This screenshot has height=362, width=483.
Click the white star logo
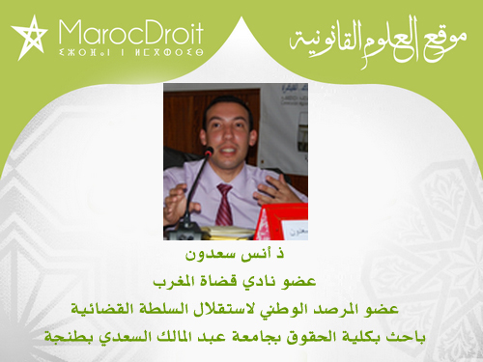(29, 37)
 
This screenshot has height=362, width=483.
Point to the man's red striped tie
(224, 204)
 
